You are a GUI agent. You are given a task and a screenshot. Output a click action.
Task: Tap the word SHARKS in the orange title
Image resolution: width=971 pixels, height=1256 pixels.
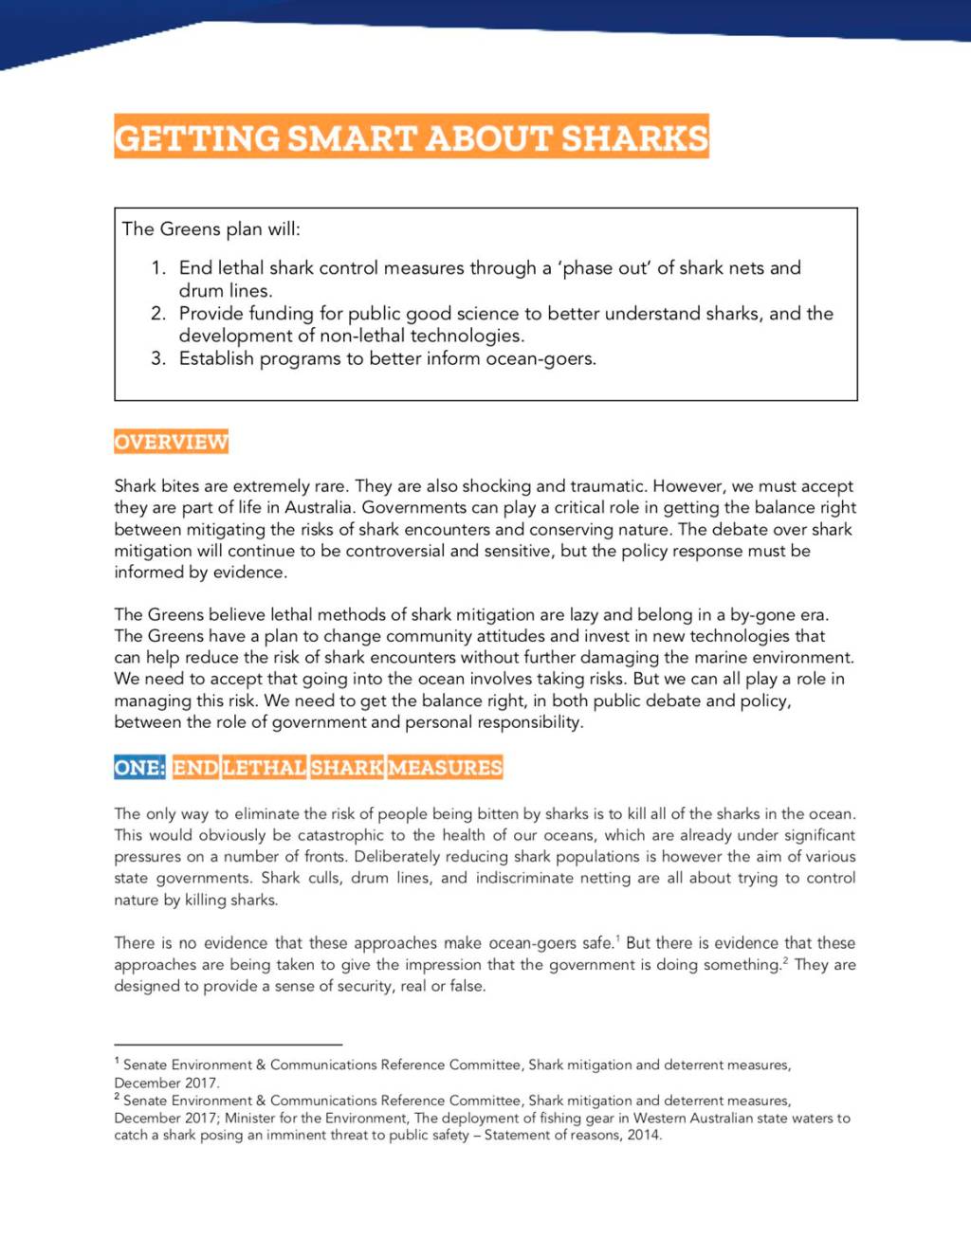(x=634, y=138)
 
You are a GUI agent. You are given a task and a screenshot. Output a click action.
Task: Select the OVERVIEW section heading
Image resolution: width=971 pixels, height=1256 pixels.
(x=171, y=442)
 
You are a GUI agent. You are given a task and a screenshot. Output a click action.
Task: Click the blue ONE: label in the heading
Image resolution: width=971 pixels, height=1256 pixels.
(x=139, y=767)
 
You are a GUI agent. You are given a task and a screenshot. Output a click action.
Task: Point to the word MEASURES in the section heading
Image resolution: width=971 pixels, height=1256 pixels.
(x=445, y=767)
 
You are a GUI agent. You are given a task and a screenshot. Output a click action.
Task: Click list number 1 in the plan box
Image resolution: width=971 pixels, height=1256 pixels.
(x=158, y=268)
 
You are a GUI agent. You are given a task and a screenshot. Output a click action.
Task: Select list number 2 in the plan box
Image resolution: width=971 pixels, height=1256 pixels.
(x=158, y=314)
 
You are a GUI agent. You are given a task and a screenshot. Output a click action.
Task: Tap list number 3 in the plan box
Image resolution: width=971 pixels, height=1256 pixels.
(x=158, y=359)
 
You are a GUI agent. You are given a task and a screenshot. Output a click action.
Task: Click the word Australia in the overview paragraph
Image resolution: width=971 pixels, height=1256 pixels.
(x=319, y=507)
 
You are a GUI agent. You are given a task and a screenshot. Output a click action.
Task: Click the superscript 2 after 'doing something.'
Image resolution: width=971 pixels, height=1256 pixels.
(x=785, y=960)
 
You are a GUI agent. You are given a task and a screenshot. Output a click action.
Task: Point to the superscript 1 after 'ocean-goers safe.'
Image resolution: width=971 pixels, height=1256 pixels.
(x=618, y=938)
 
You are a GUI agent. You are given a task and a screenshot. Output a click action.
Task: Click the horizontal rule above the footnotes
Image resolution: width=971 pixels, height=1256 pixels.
(x=228, y=1044)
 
